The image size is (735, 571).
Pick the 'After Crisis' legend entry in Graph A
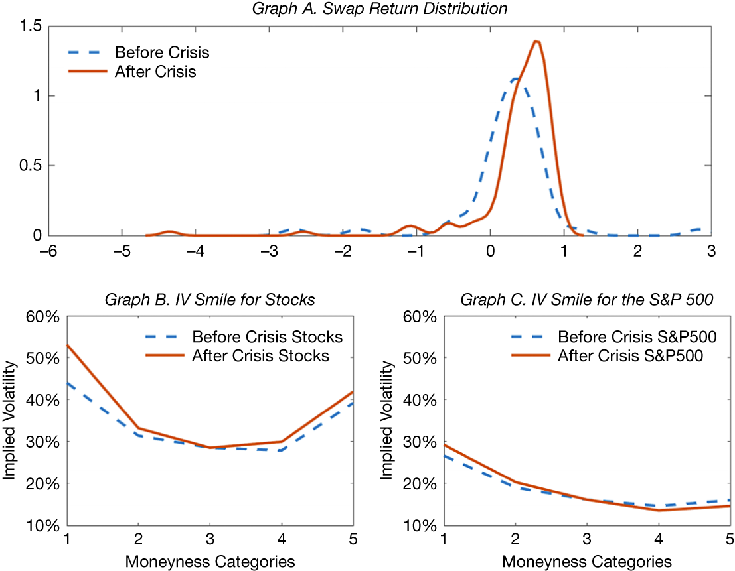pyautogui.click(x=155, y=72)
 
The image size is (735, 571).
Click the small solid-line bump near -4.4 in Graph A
pyautogui.click(x=169, y=231)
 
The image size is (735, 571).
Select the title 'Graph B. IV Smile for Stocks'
pyautogui.click(x=210, y=299)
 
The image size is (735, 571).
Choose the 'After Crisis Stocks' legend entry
pyautogui.click(x=260, y=356)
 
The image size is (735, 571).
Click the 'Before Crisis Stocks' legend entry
pyautogui.click(x=267, y=337)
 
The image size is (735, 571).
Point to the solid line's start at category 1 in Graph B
pyautogui.click(x=65, y=345)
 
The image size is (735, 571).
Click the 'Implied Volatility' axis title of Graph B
pyautogui.click(x=10, y=420)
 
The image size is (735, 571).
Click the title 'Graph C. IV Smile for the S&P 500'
pyautogui.click(x=587, y=299)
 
